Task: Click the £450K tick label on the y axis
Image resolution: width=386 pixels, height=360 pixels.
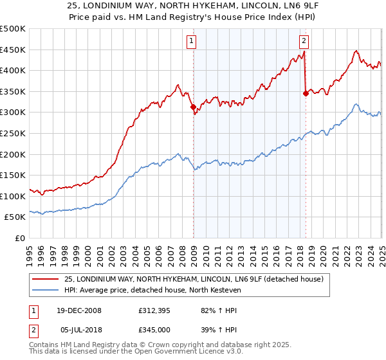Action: pyautogui.click(x=13, y=50)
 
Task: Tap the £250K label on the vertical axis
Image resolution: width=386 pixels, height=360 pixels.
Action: pyautogui.click(x=13, y=133)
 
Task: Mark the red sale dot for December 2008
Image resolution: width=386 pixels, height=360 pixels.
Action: pyautogui.click(x=193, y=107)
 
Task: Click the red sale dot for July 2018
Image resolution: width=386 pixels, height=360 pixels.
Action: pyautogui.click(x=306, y=94)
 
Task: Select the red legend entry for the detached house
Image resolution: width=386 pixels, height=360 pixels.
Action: pyautogui.click(x=198, y=279)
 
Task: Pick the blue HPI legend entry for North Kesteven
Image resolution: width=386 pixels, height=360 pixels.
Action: pyautogui.click(x=151, y=290)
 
